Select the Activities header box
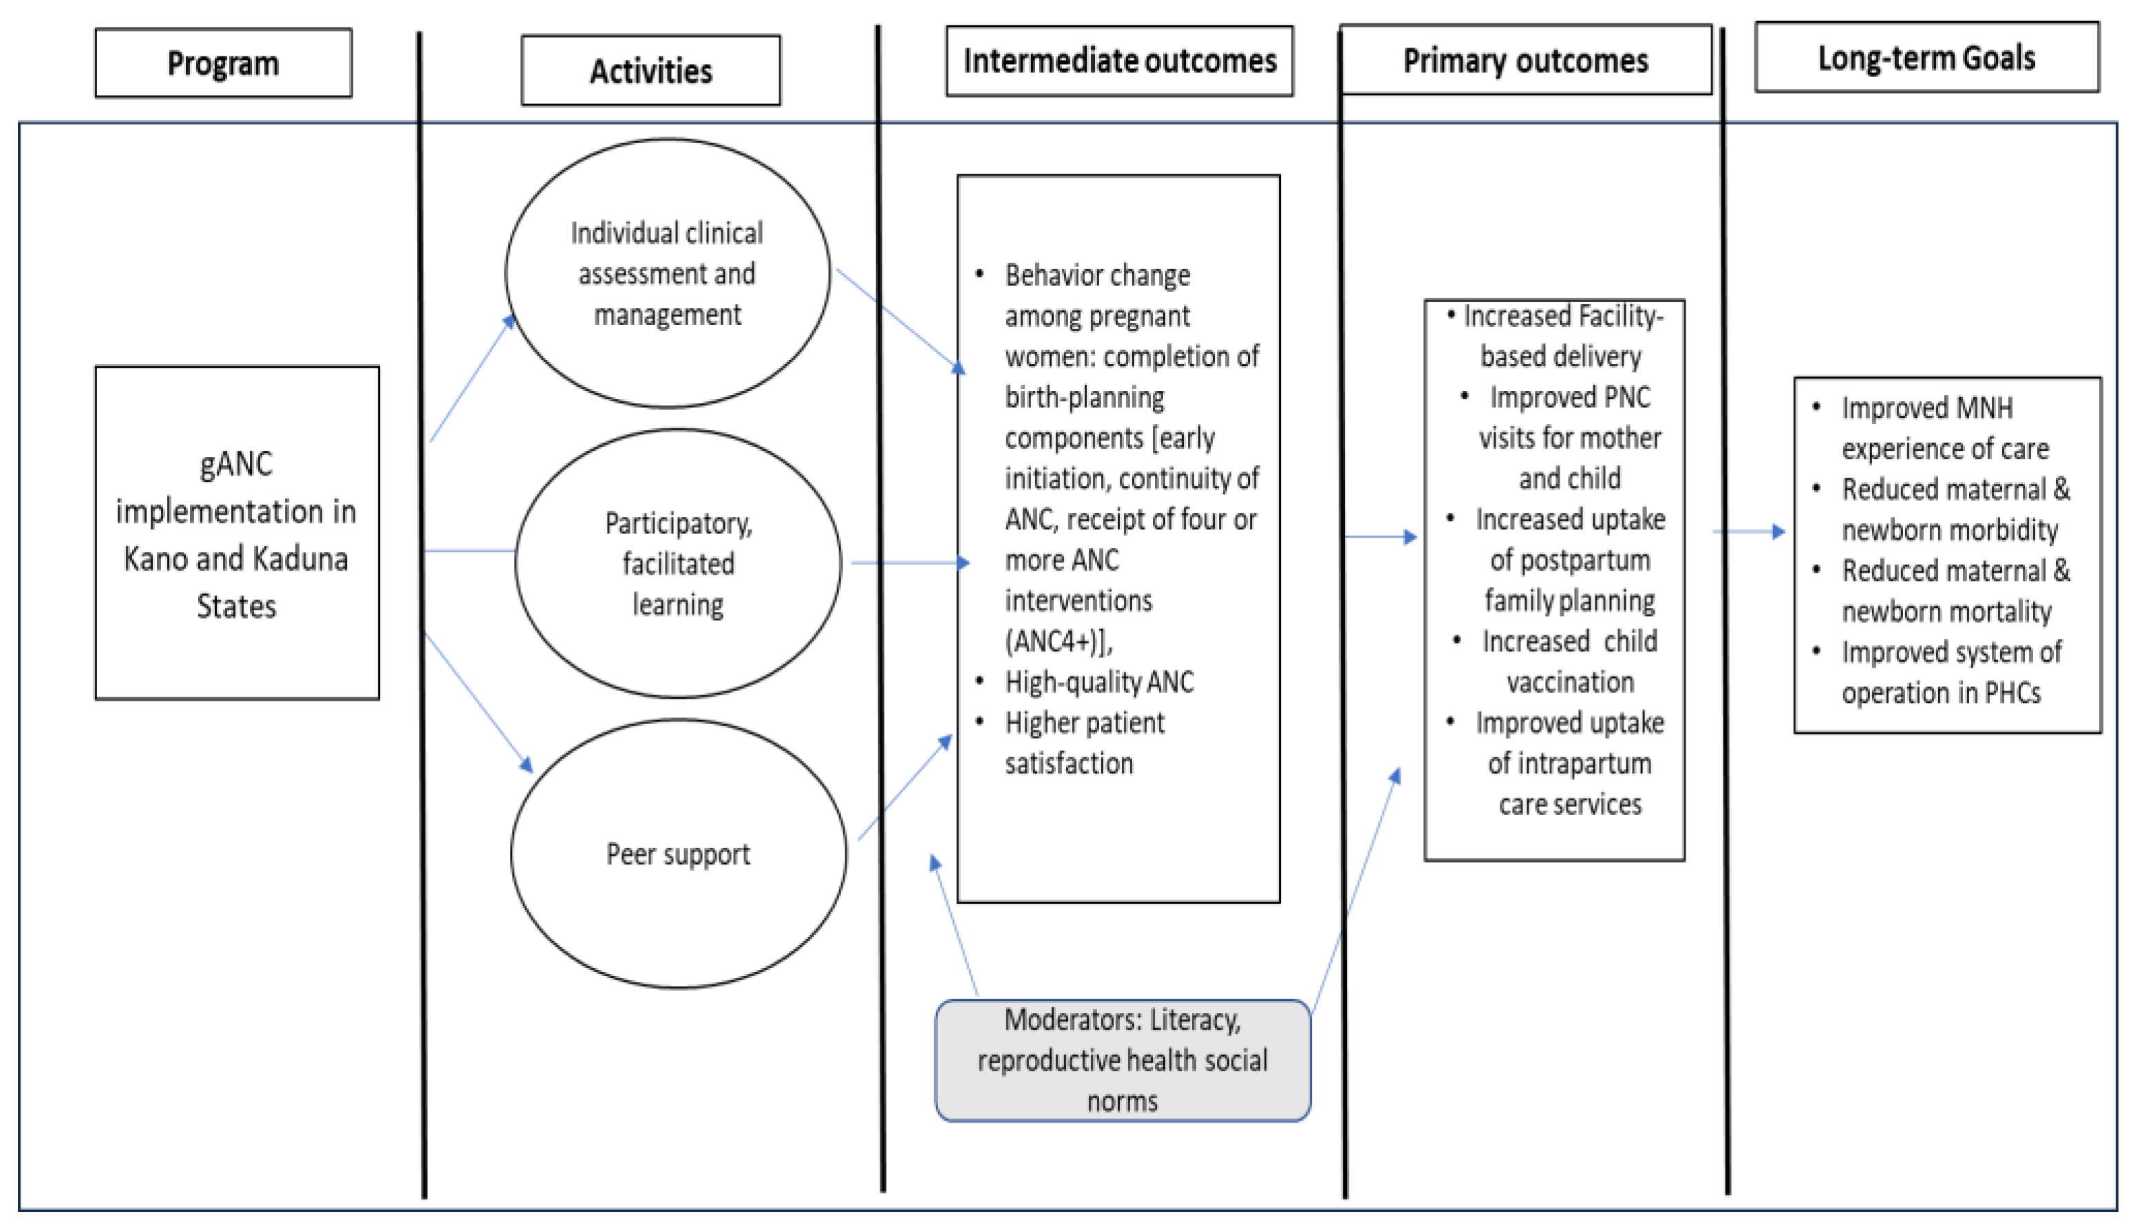[x=650, y=71]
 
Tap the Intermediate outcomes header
[x=1119, y=61]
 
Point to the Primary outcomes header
[x=1525, y=61]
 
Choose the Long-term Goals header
[x=1926, y=57]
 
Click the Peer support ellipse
[x=678, y=854]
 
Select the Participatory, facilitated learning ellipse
[x=678, y=563]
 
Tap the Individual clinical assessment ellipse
[x=667, y=273]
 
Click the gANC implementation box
[x=236, y=533]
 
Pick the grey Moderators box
[x=1123, y=1060]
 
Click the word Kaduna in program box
[x=300, y=559]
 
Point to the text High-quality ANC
[x=1098, y=681]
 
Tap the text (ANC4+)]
[x=1059, y=641]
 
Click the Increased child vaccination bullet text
[x=1569, y=661]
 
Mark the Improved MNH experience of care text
[x=1944, y=428]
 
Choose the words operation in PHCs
[x=1940, y=693]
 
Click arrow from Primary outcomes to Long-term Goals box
[x=1749, y=531]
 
